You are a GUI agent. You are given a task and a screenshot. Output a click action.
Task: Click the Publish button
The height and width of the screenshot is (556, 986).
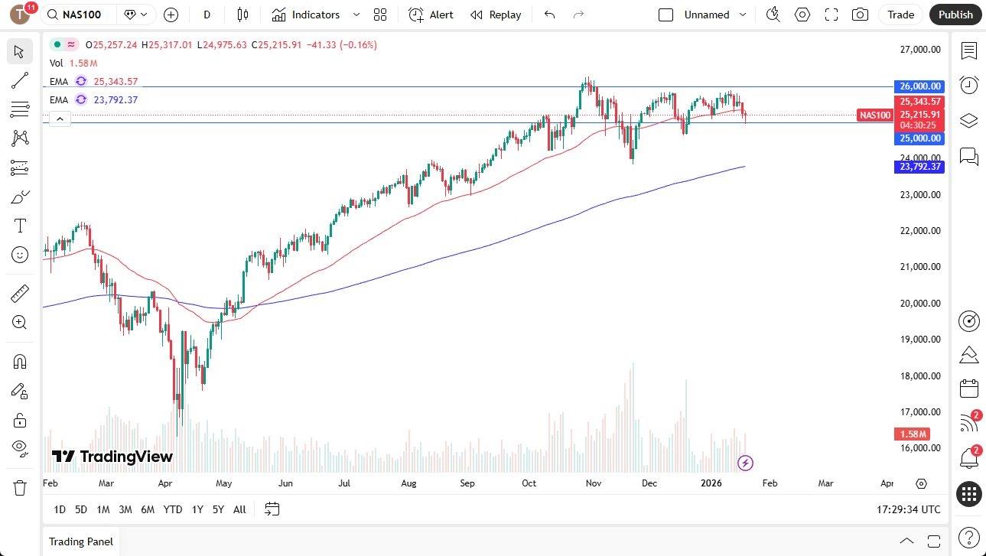(x=955, y=15)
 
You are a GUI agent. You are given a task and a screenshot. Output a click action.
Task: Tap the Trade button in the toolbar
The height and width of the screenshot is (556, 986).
(x=900, y=15)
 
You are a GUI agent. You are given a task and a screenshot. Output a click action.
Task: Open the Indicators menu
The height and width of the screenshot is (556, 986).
(x=315, y=15)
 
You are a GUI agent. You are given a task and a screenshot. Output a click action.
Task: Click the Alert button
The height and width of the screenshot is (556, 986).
(x=431, y=15)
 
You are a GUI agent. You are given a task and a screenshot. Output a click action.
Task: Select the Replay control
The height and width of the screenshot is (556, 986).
(x=496, y=15)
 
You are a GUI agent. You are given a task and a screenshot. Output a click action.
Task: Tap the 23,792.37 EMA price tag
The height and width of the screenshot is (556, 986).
(x=919, y=167)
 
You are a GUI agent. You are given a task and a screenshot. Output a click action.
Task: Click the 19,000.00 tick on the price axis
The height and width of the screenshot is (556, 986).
(x=920, y=340)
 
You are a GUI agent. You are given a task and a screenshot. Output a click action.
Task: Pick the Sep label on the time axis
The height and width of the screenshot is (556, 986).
(x=467, y=483)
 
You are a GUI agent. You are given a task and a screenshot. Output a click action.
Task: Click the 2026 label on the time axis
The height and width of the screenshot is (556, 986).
(x=711, y=483)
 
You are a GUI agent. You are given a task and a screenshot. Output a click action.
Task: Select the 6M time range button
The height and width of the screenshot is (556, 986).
(x=148, y=509)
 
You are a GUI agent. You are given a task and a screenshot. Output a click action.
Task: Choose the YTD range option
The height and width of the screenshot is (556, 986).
(x=173, y=509)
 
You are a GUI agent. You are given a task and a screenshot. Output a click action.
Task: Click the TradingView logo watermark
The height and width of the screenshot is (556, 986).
(x=112, y=457)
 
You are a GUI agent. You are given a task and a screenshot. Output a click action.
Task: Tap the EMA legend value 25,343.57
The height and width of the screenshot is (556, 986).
(x=116, y=82)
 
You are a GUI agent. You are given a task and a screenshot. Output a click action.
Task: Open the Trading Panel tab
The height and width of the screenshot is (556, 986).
(x=81, y=541)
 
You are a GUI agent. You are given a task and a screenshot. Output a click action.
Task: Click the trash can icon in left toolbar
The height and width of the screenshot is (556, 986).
(x=20, y=487)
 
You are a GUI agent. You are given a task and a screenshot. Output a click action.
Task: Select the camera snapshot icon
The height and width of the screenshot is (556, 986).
(x=860, y=15)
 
